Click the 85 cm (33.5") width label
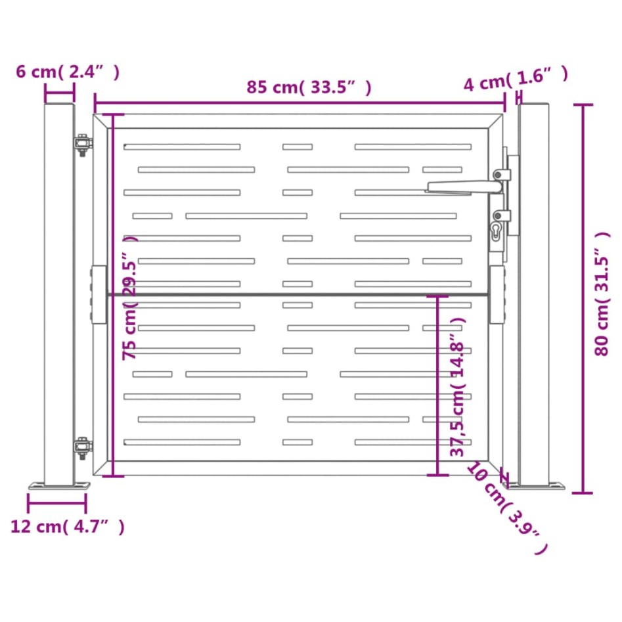pos(309,87)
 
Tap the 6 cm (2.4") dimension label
pos(68,72)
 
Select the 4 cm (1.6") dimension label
pos(516,79)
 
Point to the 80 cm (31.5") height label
pos(602,294)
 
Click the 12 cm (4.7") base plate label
pos(68,526)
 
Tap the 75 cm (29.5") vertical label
pos(130,298)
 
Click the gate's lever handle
pos(464,187)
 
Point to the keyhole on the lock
pos(496,231)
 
